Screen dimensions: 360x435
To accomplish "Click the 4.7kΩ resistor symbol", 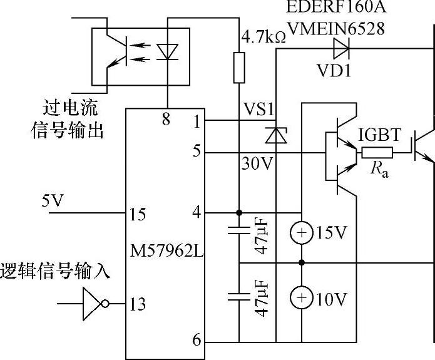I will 239,68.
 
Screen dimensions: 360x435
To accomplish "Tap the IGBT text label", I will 381,135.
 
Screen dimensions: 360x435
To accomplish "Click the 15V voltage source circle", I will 302,233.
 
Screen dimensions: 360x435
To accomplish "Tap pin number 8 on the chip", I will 166,119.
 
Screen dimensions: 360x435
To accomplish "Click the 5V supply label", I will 53,202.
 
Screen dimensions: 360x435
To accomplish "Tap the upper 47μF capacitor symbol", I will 239,232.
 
